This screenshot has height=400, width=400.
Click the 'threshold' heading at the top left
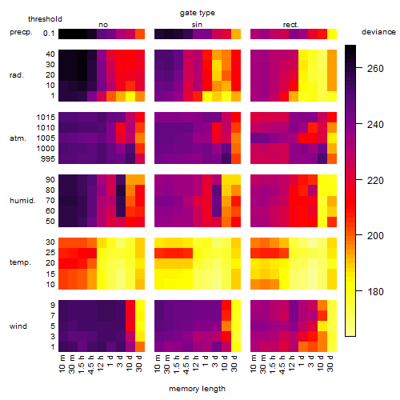point(45,19)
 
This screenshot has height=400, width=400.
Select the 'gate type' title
point(198,13)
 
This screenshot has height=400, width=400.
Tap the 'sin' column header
point(197,25)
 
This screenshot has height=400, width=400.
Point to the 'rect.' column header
point(290,25)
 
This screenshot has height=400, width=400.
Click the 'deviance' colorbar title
point(378,32)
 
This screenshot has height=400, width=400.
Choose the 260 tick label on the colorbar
point(375,69)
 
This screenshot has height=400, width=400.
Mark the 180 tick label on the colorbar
point(375,291)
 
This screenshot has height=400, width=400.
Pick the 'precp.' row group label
point(21,32)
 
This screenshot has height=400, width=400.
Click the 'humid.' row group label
point(22,201)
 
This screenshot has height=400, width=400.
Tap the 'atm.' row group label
point(18,138)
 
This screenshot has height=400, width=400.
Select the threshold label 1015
point(46,118)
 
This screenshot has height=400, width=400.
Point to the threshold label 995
point(48,159)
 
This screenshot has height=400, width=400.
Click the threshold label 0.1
point(49,34)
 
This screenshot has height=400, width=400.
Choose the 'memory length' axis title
point(197,389)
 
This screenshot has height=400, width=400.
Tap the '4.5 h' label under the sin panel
point(186,365)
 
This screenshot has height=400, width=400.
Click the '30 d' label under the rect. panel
point(330,363)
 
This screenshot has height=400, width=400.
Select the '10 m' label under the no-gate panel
point(62,364)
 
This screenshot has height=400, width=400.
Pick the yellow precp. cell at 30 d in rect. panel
point(332,34)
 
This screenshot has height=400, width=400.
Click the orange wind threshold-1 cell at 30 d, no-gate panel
point(140,346)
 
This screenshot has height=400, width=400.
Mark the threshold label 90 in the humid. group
point(50,180)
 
